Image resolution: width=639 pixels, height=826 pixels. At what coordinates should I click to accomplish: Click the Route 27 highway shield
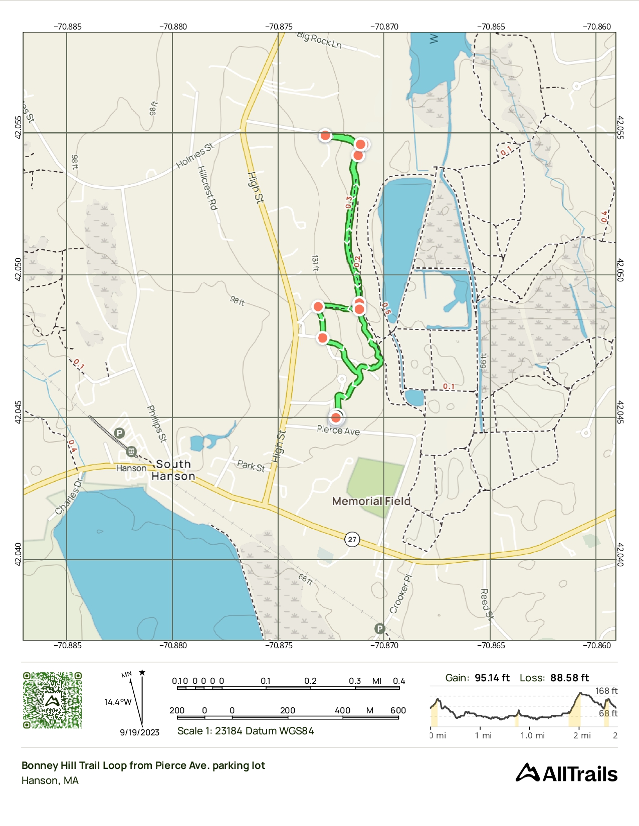point(352,539)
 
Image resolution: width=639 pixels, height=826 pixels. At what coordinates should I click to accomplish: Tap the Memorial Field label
point(371,501)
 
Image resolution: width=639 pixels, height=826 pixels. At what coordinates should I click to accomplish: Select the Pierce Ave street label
point(338,430)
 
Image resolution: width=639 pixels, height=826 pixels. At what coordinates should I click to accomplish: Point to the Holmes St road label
point(195,156)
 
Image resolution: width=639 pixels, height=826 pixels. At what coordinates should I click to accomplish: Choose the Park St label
point(251,466)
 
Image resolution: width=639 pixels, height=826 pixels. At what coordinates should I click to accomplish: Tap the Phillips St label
point(156,424)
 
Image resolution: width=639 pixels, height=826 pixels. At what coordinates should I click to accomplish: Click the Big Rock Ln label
point(319,40)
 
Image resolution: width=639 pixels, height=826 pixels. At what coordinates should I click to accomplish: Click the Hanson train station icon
point(131,452)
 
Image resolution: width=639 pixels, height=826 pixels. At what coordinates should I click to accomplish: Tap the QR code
point(52,700)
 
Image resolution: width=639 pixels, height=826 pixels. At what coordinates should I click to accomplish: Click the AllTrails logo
point(567,773)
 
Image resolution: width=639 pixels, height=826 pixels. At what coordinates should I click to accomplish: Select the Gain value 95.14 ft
point(492,678)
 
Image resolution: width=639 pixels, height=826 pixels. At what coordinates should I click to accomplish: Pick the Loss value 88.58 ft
point(569,678)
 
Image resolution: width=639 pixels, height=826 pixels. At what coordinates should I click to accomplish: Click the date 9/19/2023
point(139,732)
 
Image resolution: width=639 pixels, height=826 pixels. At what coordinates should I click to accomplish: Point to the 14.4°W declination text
point(118,702)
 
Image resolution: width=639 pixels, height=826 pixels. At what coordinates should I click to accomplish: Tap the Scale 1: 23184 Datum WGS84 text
point(246,731)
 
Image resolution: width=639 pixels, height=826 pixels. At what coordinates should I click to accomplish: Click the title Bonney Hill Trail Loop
point(143,765)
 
